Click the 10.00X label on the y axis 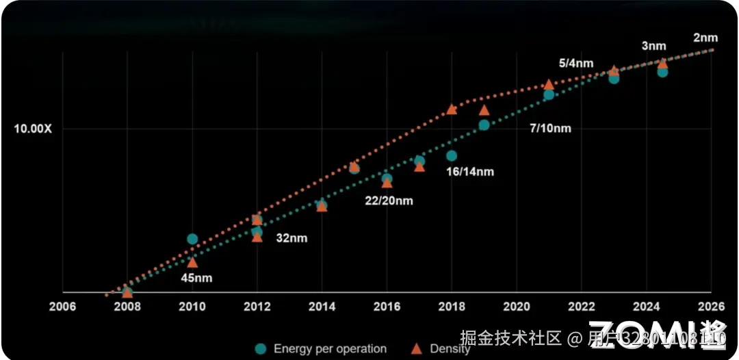pyautogui.click(x=33, y=129)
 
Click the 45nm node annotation pyautogui.click(x=196, y=278)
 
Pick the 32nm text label pyautogui.click(x=291, y=238)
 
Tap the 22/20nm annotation pyautogui.click(x=388, y=201)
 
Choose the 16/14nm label pyautogui.click(x=470, y=172)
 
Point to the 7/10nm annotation pyautogui.click(x=550, y=128)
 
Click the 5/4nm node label pyautogui.click(x=576, y=63)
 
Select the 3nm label pyautogui.click(x=653, y=46)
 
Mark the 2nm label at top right pyautogui.click(x=705, y=38)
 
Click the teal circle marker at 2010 pyautogui.click(x=192, y=239)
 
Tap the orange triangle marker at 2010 pyautogui.click(x=192, y=262)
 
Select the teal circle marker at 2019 pyautogui.click(x=484, y=125)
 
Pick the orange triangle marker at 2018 pyautogui.click(x=451, y=109)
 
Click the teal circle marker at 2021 pyautogui.click(x=548, y=94)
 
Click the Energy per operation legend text pyautogui.click(x=330, y=349)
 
